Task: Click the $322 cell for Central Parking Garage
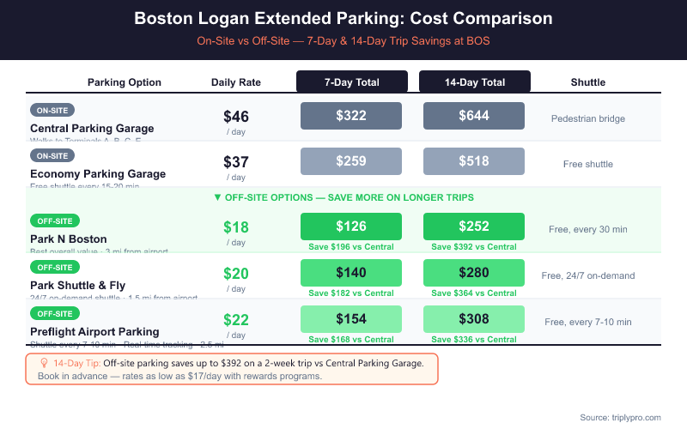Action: point(350,116)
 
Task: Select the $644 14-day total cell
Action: point(473,116)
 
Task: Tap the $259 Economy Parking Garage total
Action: point(350,161)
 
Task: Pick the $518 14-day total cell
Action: point(473,161)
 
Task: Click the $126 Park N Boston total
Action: point(350,227)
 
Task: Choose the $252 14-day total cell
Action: point(473,227)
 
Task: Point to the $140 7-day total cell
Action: point(350,273)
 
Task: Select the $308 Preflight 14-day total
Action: point(473,319)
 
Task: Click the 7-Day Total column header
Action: point(351,82)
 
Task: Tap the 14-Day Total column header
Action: point(474,82)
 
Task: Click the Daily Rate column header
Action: point(236,82)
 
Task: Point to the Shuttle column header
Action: point(588,82)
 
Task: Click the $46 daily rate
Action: point(236,117)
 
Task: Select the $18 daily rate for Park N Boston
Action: point(236,227)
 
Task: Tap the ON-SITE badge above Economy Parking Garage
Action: point(53,155)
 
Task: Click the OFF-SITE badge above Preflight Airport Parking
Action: point(56,313)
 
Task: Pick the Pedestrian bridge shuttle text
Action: point(588,118)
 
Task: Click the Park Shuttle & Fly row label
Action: point(77,285)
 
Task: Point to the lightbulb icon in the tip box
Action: point(45,363)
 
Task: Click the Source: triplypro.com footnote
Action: point(620,417)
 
